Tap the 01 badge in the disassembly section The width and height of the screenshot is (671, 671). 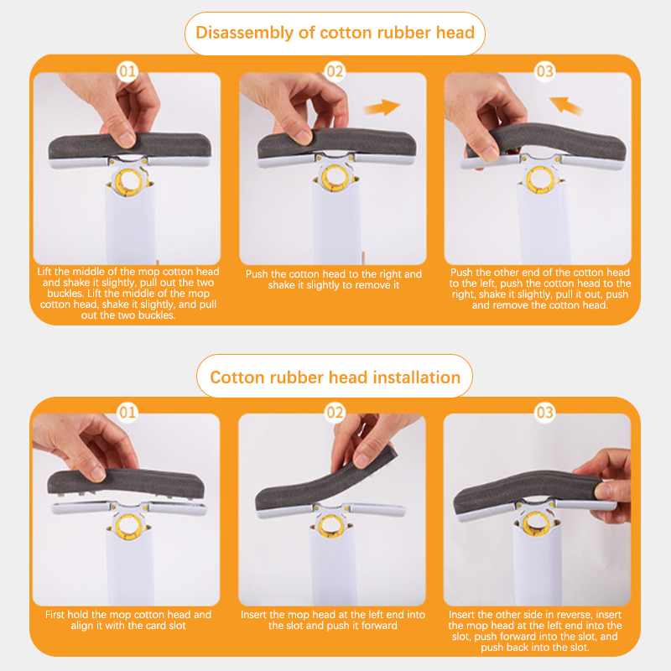pos(127,71)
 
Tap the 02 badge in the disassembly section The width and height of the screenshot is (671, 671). pos(335,71)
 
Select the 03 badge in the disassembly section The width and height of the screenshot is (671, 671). pos(544,71)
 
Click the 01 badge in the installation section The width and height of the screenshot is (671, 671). pos(127,413)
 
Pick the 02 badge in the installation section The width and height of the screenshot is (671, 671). pos(335,413)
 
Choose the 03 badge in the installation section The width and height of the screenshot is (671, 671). pos(544,413)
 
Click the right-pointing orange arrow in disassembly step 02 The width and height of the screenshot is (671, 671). pos(382,107)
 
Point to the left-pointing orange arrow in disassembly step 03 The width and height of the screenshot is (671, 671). pos(565,106)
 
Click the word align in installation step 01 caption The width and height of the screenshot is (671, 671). pos(81,626)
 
